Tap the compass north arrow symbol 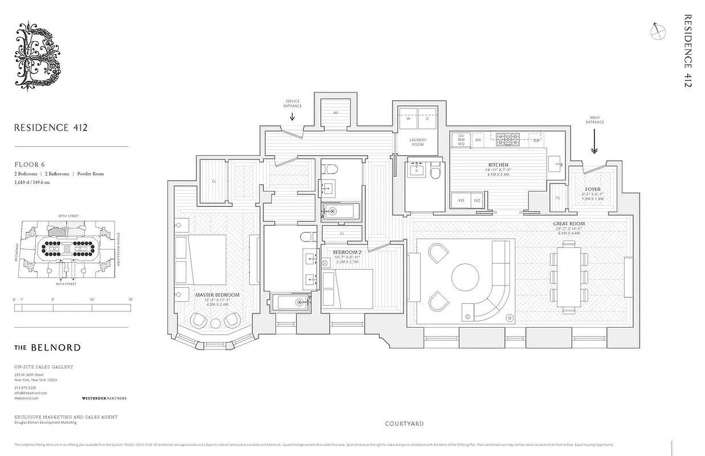click(x=657, y=31)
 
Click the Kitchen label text click(x=498, y=165)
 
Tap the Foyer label click(x=593, y=189)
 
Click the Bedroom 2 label click(x=347, y=252)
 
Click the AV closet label click(x=336, y=113)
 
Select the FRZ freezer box click(x=477, y=200)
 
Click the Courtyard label click(x=404, y=424)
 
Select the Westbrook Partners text click(x=104, y=398)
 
